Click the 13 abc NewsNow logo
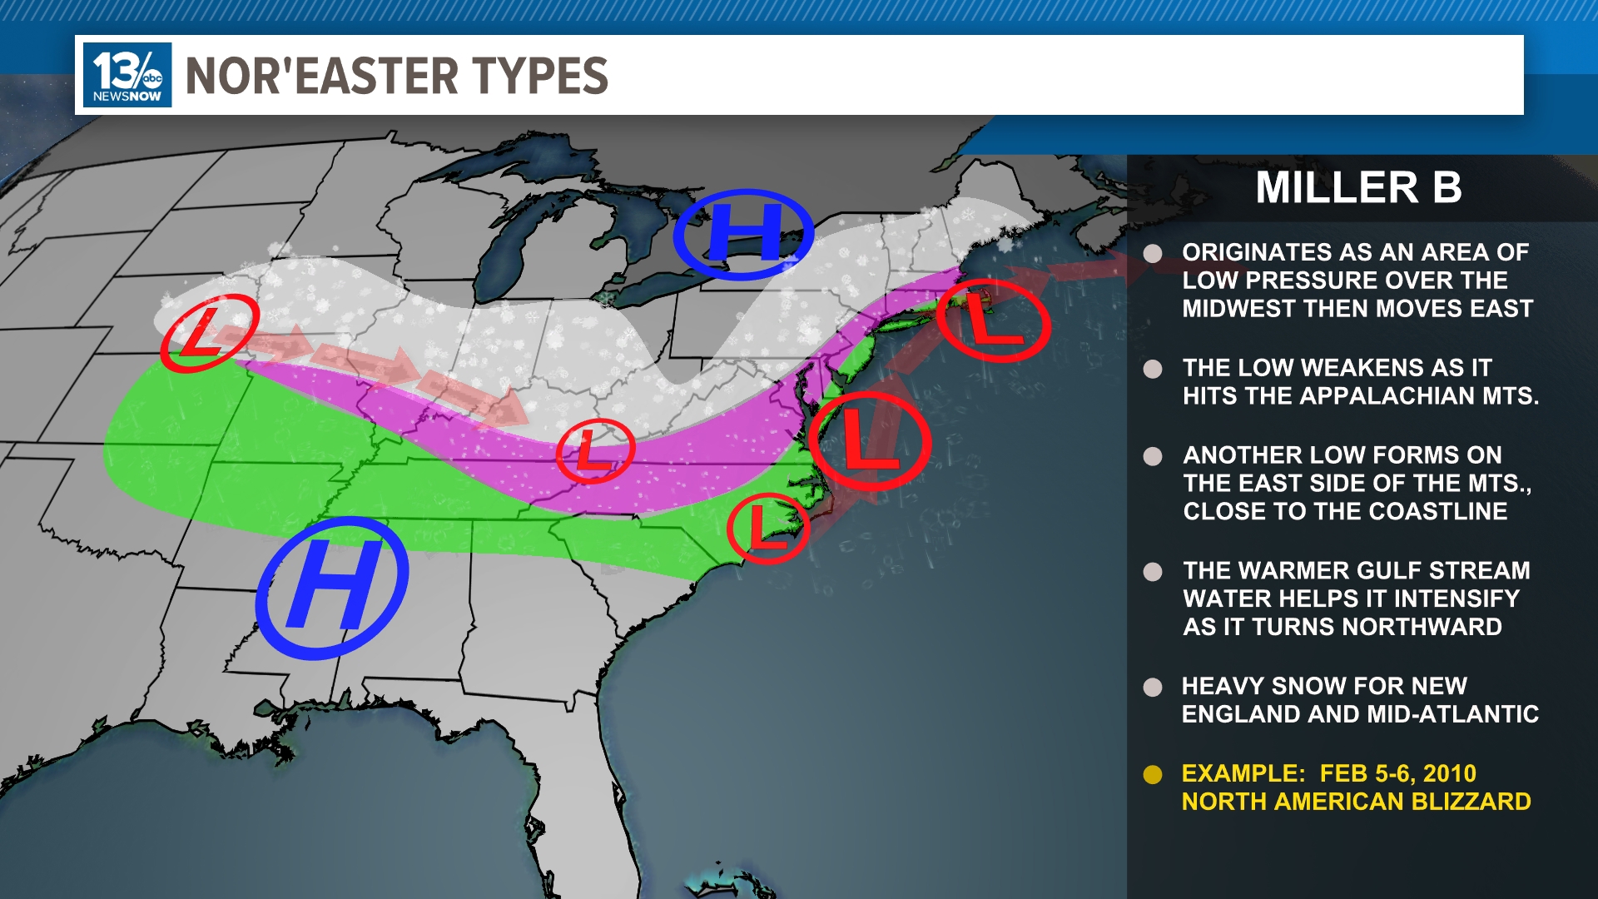[x=127, y=75]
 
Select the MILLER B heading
[x=1358, y=187]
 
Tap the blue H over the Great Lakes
[x=743, y=233]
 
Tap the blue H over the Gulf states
[x=332, y=588]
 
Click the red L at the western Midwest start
[x=209, y=332]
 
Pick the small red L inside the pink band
[x=594, y=450]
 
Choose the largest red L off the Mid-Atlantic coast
[x=869, y=440]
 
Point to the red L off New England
[x=992, y=320]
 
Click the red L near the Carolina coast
[x=767, y=529]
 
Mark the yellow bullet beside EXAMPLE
[x=1153, y=775]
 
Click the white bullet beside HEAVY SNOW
[x=1153, y=688]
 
